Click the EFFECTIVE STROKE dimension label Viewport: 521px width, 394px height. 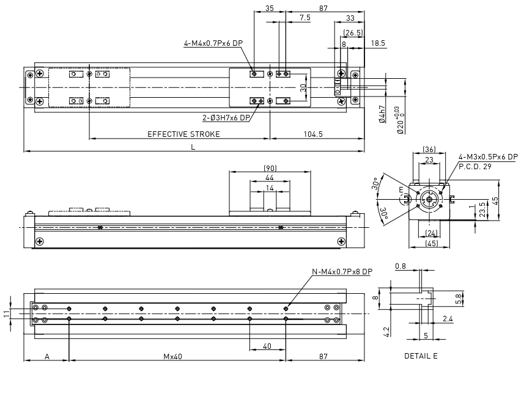coord(183,134)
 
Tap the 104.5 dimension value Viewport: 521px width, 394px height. coord(313,134)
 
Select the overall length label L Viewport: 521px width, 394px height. coord(193,147)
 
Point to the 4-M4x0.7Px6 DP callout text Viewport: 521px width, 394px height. coord(213,43)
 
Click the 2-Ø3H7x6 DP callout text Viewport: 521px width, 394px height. coord(226,117)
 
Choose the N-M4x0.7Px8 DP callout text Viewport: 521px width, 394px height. coord(342,271)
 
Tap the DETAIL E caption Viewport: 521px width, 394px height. coord(421,356)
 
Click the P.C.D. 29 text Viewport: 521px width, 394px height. coord(475,167)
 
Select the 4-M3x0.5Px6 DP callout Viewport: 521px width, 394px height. coord(488,156)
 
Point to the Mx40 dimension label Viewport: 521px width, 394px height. coord(173,357)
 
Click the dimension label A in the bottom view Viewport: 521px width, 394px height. coord(47,357)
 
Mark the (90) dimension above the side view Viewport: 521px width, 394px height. coord(270,168)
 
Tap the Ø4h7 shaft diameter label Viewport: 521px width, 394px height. coord(382,114)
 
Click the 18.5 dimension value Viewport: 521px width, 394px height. coord(378,43)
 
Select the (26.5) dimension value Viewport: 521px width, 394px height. coord(353,32)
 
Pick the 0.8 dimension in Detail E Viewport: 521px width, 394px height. coord(401,266)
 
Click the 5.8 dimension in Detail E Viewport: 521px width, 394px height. coord(459,299)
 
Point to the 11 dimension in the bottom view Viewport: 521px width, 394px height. coord(7,314)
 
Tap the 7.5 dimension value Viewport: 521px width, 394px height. coord(305,18)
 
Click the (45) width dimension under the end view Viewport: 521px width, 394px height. coord(432,243)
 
